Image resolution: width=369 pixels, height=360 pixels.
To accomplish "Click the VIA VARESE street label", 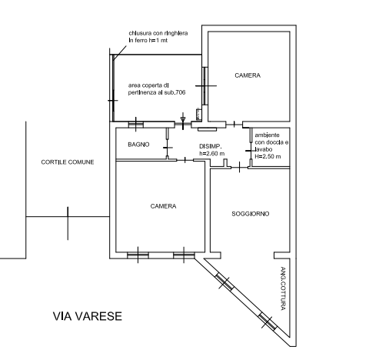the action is click(88, 316).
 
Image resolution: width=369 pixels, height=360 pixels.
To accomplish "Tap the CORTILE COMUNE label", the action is click(68, 162).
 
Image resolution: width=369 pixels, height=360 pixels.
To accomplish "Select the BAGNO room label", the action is click(138, 145).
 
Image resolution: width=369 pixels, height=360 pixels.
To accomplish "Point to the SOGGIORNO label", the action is click(251, 214).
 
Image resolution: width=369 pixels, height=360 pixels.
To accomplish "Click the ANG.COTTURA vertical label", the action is click(283, 288).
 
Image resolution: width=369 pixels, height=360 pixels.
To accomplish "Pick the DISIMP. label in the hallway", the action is click(211, 146).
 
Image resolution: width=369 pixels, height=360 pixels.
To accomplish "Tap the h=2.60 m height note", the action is click(212, 154).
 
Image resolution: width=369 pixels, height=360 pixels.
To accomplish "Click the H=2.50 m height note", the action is click(268, 156).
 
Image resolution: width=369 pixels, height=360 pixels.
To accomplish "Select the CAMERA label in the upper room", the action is click(248, 75).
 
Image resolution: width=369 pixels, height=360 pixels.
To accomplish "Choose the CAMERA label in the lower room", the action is click(163, 206).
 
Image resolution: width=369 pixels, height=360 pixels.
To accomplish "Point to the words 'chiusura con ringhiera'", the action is click(158, 33).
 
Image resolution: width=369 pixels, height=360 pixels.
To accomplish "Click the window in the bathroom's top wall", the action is click(136, 125).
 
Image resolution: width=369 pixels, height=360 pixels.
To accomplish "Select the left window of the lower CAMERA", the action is click(138, 255).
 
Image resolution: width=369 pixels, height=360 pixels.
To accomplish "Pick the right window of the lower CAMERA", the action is click(184, 255).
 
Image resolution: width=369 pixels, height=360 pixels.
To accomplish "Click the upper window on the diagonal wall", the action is click(224, 282).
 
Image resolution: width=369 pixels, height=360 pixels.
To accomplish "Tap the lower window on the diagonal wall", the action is click(268, 322).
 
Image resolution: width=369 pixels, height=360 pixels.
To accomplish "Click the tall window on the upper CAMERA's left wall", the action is click(204, 86).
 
